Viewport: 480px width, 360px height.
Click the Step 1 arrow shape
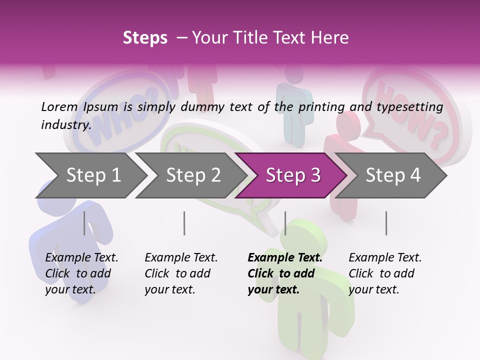[x=90, y=175]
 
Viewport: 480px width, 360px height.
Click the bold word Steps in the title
[x=145, y=37]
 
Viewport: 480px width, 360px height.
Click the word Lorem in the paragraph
[x=59, y=106]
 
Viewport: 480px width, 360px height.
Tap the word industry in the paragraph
[x=65, y=124]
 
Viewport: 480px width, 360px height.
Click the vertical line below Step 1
[x=84, y=223]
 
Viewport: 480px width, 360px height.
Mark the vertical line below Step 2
[x=184, y=223]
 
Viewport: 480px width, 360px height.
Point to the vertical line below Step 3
[x=285, y=223]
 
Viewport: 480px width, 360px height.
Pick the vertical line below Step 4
[x=386, y=223]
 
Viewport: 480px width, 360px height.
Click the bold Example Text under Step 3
[x=285, y=258]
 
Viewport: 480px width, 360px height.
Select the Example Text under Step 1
[x=81, y=258]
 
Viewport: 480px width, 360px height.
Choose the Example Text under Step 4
[x=385, y=258]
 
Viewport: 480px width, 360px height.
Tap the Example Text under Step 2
[x=181, y=258]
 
